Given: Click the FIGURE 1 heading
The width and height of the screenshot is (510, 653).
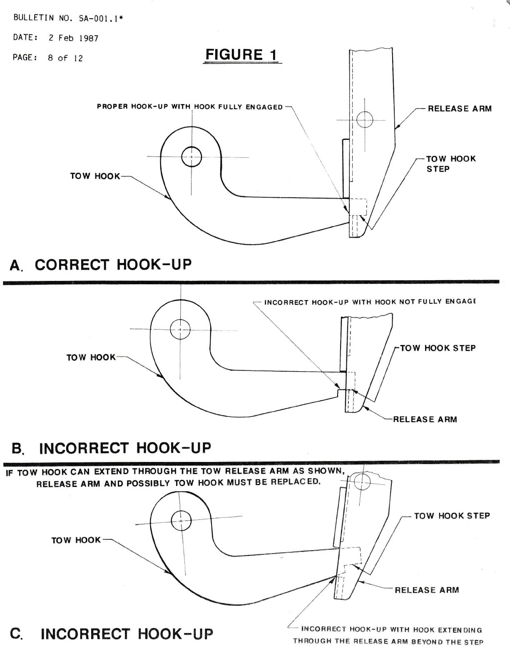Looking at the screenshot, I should (242, 55).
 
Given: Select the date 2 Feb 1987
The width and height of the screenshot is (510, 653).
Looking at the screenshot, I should (73, 38).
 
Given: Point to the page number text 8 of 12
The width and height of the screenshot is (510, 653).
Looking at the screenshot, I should (65, 58).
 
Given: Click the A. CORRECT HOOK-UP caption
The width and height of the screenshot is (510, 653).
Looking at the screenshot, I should (101, 265).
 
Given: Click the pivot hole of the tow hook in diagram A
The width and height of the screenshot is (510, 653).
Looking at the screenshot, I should (192, 157).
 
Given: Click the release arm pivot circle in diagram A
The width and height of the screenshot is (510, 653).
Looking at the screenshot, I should (365, 120).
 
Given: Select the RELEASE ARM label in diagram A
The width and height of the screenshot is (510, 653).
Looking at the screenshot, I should (460, 109).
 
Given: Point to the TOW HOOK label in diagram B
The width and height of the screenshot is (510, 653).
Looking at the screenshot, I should (91, 357).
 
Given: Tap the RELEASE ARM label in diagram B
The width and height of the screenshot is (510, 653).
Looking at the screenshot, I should (425, 419).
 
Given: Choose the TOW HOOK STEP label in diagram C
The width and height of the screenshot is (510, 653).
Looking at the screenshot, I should (452, 516).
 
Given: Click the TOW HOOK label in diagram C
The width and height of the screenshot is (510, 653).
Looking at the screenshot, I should (76, 540).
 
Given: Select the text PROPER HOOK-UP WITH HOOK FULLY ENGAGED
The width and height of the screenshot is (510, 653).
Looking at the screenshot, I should (190, 107).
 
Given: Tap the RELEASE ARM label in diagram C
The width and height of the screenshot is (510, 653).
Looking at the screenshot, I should (427, 590).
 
